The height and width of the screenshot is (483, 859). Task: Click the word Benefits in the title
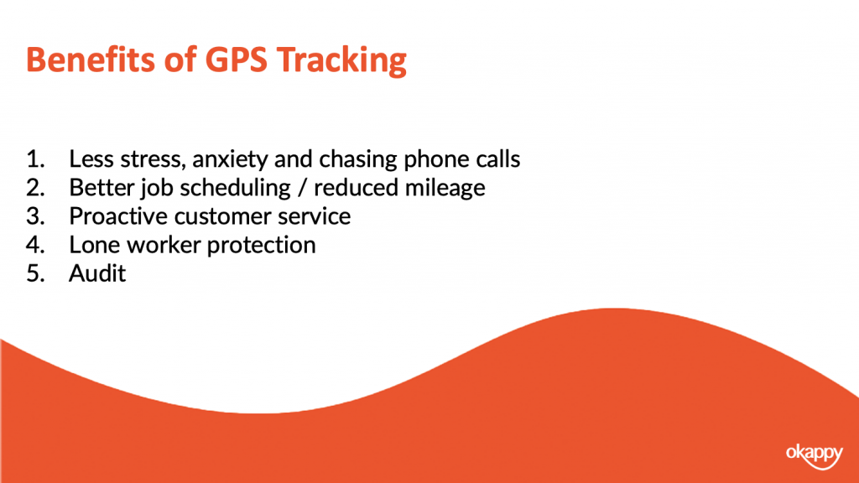tap(91, 60)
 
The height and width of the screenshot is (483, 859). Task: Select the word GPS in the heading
tap(236, 60)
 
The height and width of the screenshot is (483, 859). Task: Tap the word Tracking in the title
tap(341, 60)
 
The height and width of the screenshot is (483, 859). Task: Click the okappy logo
tap(814, 455)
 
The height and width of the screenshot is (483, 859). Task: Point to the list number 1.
tap(35, 158)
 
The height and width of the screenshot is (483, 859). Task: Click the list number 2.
tap(35, 187)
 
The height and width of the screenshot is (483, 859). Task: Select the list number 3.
tap(35, 216)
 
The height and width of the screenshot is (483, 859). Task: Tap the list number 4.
tap(35, 244)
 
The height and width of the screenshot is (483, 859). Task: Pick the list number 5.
tap(35, 273)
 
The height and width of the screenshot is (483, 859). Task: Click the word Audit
tap(97, 273)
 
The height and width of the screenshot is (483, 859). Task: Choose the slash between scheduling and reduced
tap(302, 188)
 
